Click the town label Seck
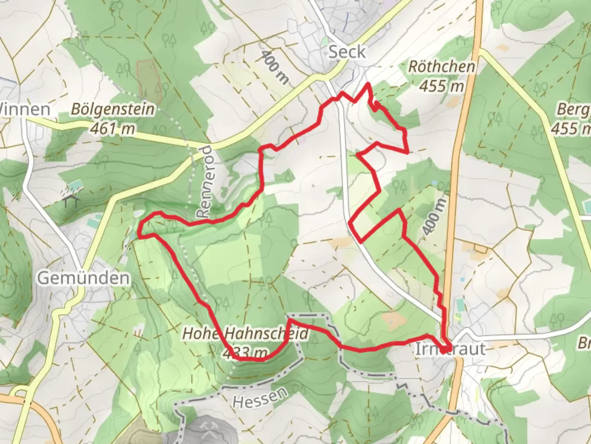347,52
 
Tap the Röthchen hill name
442,67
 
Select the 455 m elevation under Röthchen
441,86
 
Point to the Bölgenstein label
113,109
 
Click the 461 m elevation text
112,129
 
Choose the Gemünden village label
84,278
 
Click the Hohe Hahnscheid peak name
245,333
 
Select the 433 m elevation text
245,352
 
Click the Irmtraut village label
451,349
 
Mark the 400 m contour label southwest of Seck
274,67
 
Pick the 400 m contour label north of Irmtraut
435,216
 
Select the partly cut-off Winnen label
25,109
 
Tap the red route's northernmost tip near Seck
368,84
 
